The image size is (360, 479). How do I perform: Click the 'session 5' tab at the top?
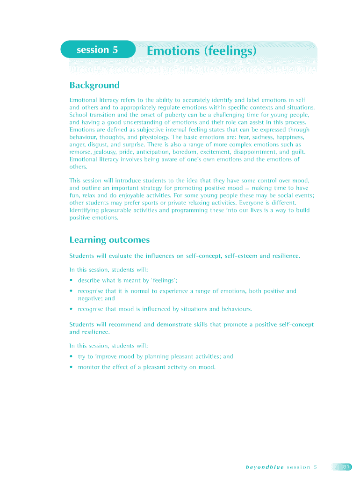click(x=97, y=50)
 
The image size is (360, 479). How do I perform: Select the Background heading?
click(x=94, y=85)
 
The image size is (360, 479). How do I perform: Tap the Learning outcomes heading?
click(x=109, y=240)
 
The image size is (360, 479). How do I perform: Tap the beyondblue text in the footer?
click(x=264, y=467)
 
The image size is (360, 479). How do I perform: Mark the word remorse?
click(x=81, y=152)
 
